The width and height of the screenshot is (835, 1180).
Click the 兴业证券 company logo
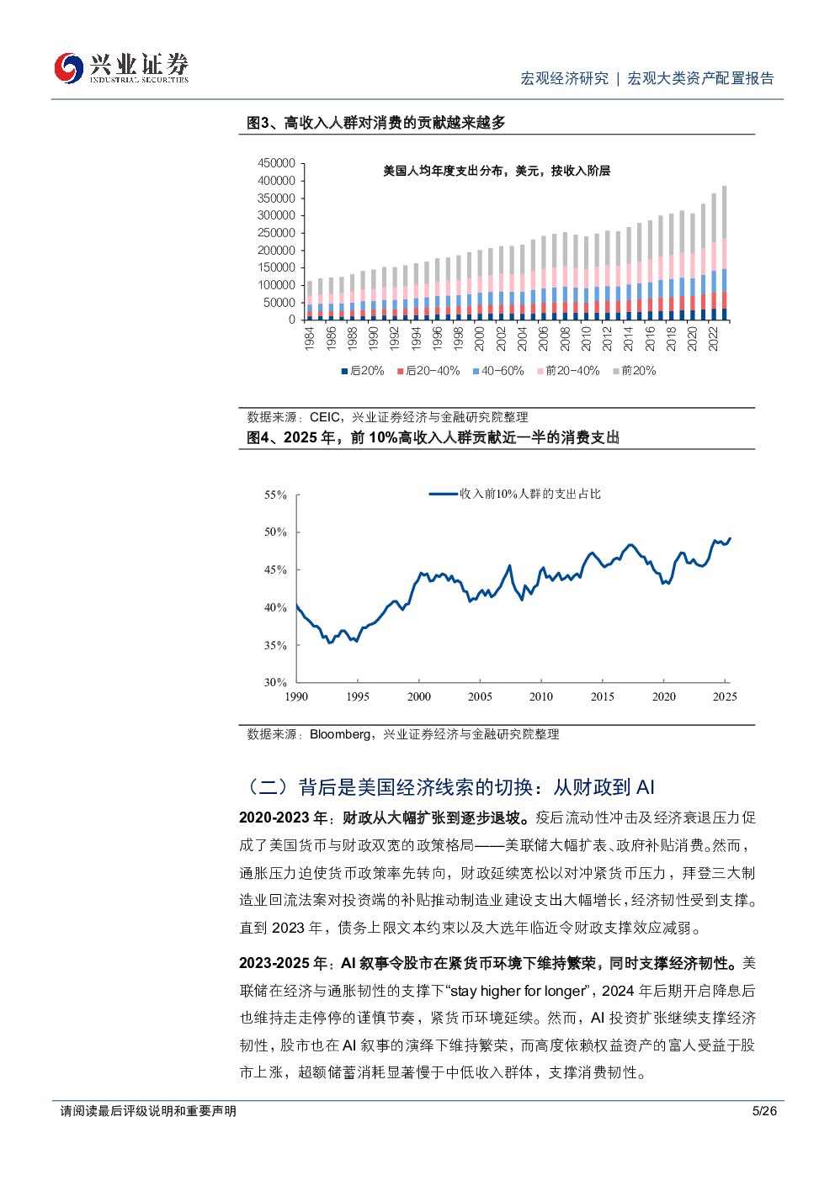coord(121,68)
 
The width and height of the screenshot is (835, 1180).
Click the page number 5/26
coord(764,1111)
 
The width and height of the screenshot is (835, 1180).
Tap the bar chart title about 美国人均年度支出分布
coord(497,171)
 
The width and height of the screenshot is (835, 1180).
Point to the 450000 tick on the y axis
coord(276,163)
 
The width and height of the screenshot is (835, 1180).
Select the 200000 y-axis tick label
coord(276,251)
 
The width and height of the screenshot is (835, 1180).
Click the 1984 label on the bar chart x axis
coord(310,339)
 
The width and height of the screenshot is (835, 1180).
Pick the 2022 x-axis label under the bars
coord(714,339)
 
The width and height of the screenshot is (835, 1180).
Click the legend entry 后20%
coord(363,371)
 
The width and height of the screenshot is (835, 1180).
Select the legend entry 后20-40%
coord(428,371)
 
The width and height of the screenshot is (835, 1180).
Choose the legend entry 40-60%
coord(498,371)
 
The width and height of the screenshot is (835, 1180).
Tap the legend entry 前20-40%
coord(568,371)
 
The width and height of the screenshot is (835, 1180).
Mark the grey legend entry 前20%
coord(635,371)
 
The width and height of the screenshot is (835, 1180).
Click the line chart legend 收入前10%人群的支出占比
coord(515,494)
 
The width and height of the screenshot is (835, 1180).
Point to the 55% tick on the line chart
coord(276,495)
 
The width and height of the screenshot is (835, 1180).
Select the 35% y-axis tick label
coord(276,646)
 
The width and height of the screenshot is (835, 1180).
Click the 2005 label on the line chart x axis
coord(480,696)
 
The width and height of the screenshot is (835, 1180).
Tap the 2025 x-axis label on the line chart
coord(725,696)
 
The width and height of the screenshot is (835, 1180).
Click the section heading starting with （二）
coord(451,787)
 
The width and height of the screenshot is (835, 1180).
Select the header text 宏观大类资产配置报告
coord(700,78)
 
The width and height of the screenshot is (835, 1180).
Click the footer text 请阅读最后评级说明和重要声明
coord(148,1111)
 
